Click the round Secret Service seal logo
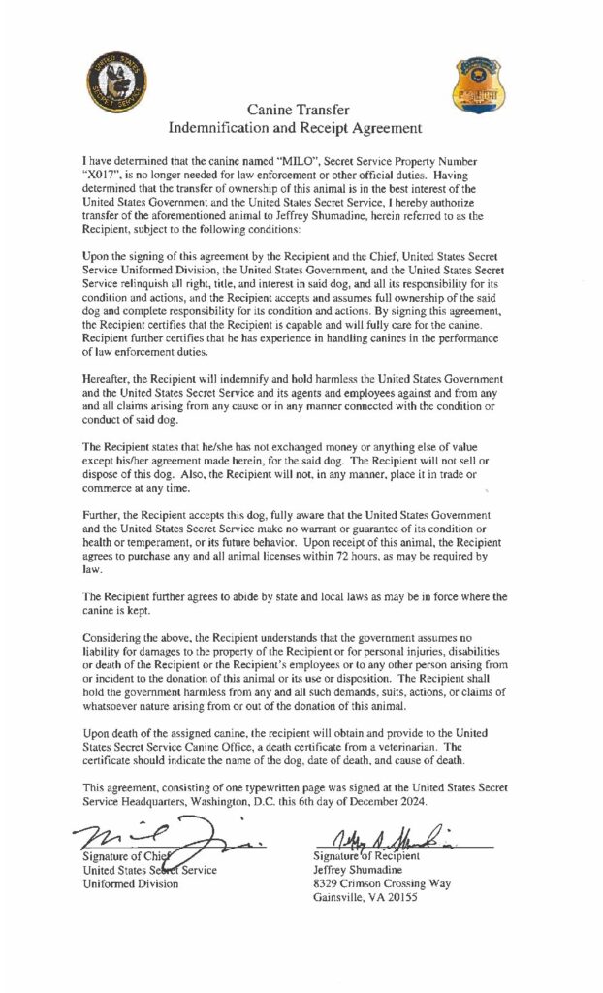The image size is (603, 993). click(118, 80)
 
